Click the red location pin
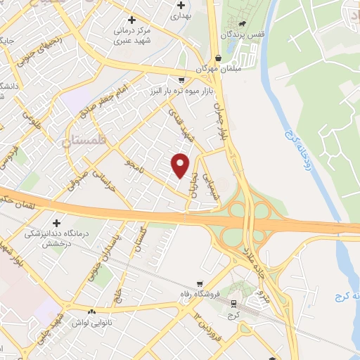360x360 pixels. (x=181, y=165)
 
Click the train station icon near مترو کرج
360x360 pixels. (x=233, y=303)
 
